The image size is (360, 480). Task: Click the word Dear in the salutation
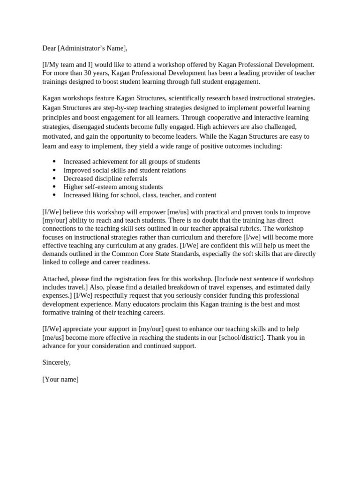point(50,48)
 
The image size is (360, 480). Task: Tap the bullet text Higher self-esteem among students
point(113,187)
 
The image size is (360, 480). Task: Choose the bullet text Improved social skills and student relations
point(124,170)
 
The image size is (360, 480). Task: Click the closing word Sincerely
point(56,362)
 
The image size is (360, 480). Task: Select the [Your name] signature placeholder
point(60,379)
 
